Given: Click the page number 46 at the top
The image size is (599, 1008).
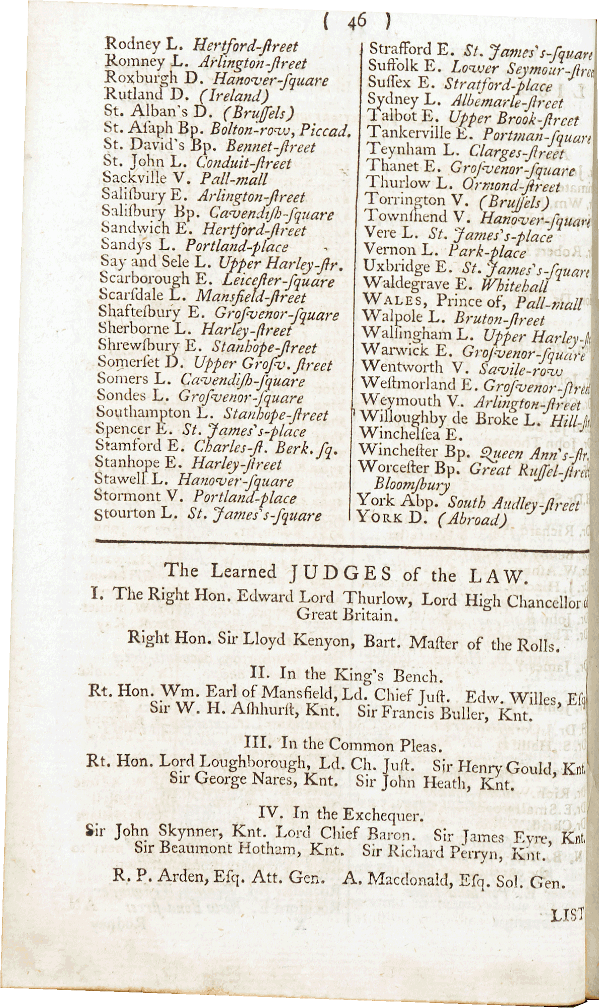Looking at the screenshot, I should (x=357, y=23).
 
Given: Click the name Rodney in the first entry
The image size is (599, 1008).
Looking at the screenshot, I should (x=132, y=44).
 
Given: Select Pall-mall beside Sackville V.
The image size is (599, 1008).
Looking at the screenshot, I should (x=234, y=179).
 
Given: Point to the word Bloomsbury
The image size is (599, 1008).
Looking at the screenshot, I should (x=412, y=484).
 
